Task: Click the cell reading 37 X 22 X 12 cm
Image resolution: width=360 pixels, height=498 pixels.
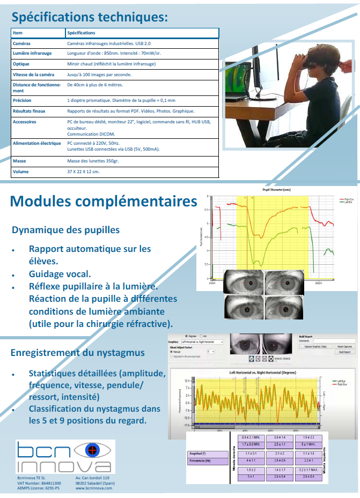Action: (x=83, y=172)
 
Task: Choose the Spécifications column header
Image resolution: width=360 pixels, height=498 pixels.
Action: (x=82, y=33)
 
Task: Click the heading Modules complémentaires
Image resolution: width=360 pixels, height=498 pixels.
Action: (x=104, y=202)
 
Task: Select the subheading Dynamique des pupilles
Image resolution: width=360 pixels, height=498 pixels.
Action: (x=65, y=230)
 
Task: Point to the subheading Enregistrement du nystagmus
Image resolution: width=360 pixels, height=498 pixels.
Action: (x=78, y=352)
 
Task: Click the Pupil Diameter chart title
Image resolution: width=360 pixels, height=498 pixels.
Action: (x=276, y=190)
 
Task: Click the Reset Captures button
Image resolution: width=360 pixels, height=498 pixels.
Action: (x=344, y=346)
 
